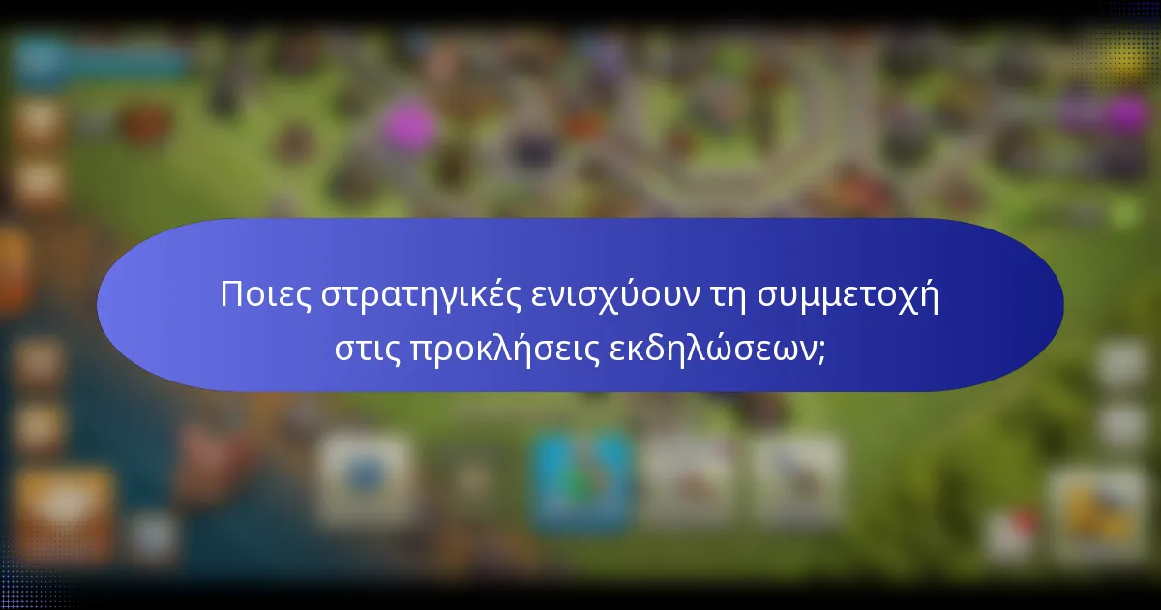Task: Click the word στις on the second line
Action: (366, 349)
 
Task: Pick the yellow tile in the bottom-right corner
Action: (1099, 508)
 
